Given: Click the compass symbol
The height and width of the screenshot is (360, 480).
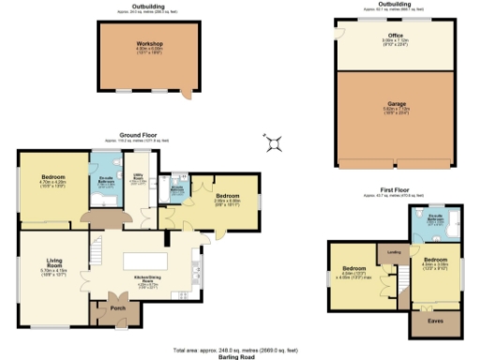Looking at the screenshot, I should pyautogui.click(x=275, y=142).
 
